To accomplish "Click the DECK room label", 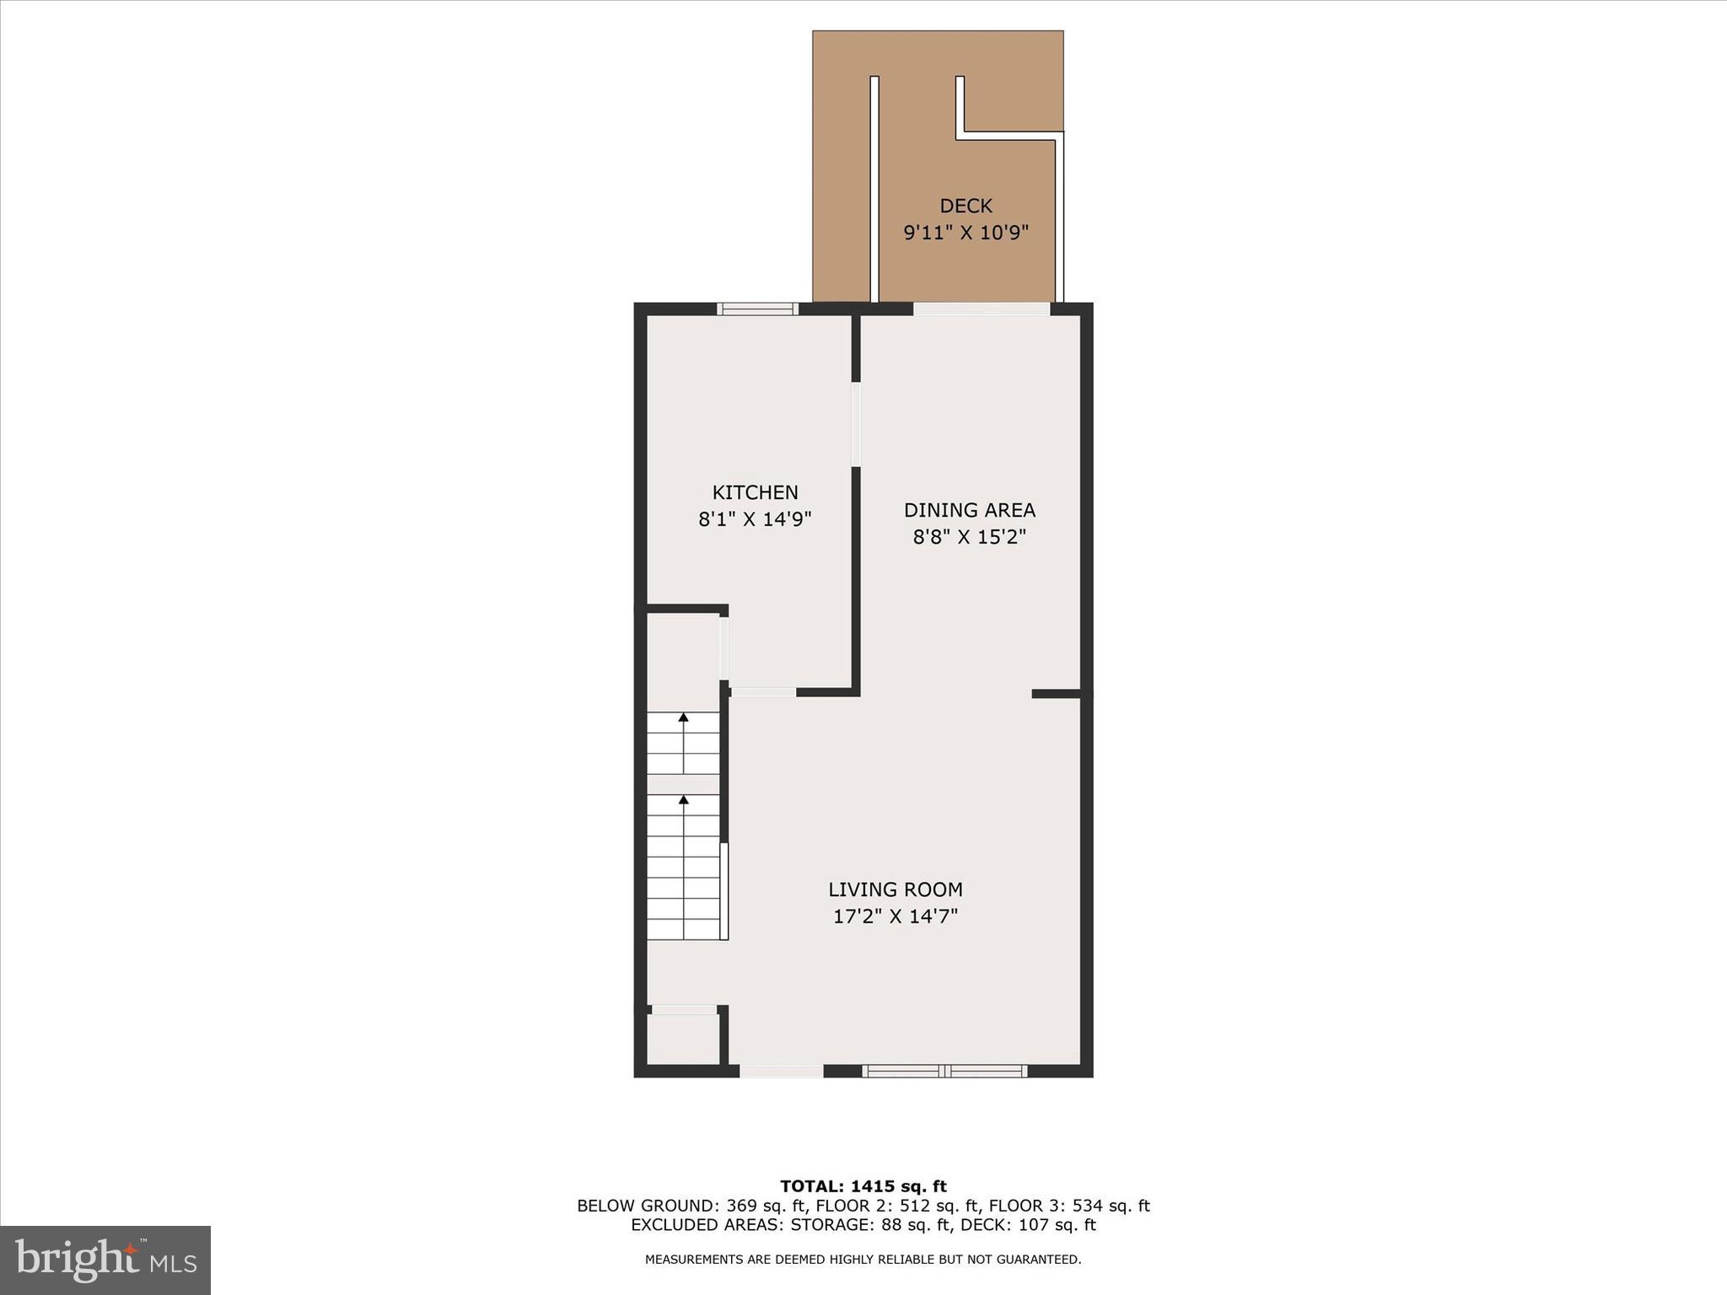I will (966, 206).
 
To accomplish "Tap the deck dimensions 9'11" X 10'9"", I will (966, 233).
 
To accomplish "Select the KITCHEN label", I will (755, 492).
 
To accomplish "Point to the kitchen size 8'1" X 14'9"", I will (755, 519).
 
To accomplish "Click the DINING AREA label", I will (969, 510).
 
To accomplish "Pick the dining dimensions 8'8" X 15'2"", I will (969, 537).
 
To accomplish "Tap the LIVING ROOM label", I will (895, 889).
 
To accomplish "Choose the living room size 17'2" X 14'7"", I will (895, 916).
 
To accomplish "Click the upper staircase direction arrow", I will (683, 718).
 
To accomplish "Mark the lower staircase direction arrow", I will (683, 799).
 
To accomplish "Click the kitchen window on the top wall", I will (757, 309).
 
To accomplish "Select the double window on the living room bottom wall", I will (944, 1072).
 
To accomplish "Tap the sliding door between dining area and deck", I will (982, 309).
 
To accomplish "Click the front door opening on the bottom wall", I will (782, 1072).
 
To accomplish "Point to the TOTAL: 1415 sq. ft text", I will (863, 1186).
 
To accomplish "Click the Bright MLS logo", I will (105, 1260).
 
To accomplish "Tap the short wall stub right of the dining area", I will (1057, 694).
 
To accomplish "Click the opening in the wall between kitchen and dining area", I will (856, 425).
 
